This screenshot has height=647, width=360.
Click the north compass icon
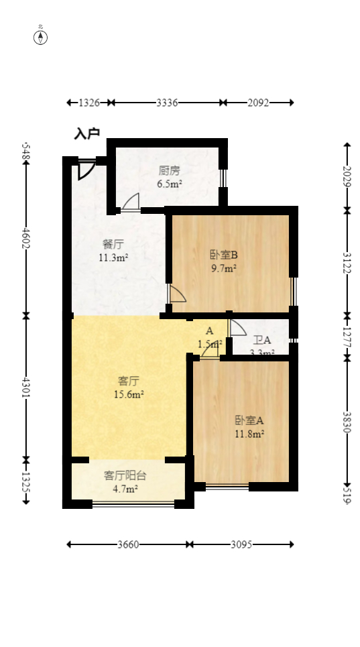click(41, 37)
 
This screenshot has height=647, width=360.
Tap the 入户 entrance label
click(86, 134)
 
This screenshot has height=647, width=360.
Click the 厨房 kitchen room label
click(169, 170)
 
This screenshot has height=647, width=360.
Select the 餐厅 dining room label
click(113, 244)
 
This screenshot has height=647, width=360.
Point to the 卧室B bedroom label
click(224, 255)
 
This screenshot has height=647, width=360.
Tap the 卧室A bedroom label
click(249, 420)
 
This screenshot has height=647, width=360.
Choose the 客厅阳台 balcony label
click(125, 475)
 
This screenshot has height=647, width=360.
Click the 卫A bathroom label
click(261, 340)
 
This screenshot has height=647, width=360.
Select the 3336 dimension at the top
click(167, 103)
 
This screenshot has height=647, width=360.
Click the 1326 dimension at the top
click(89, 103)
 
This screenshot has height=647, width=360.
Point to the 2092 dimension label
click(258, 103)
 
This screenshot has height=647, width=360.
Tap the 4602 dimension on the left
click(26, 238)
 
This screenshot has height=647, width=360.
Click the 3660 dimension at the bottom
click(127, 544)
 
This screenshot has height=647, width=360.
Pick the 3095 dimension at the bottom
click(241, 544)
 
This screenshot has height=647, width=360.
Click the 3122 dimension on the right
click(347, 262)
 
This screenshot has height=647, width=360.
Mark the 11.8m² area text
click(249, 434)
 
